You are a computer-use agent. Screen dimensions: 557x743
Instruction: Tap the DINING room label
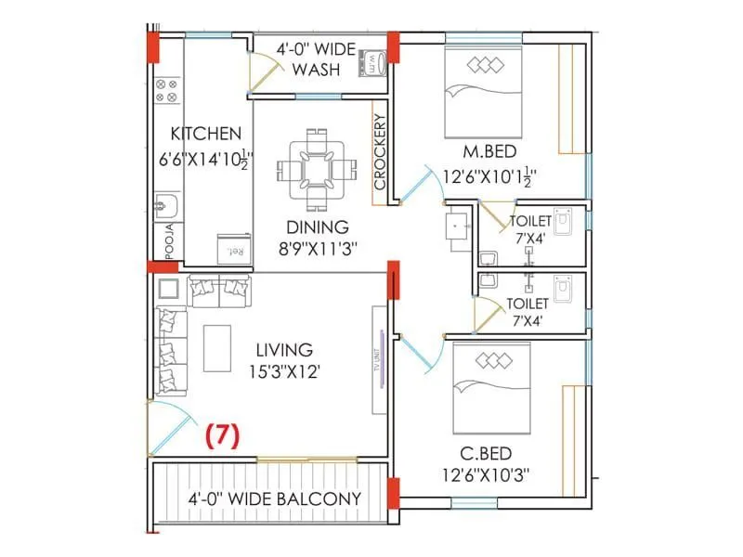click(x=318, y=227)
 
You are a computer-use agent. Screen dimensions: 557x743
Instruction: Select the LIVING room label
click(x=286, y=350)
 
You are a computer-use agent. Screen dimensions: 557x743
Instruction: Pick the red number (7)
click(x=223, y=434)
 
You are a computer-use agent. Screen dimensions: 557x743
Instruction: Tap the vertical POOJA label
click(x=169, y=240)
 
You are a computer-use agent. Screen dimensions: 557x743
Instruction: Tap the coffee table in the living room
click(x=219, y=347)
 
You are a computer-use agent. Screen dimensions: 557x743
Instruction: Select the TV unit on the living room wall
click(x=380, y=359)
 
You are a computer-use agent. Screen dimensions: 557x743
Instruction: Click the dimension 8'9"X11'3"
click(x=318, y=248)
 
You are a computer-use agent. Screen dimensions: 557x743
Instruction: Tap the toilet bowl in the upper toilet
click(x=566, y=221)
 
